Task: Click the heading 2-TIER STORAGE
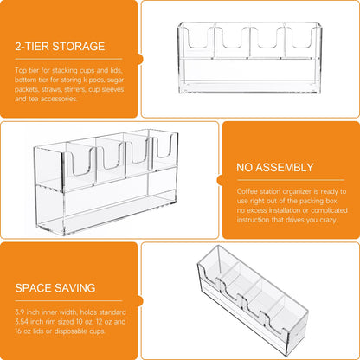(x=60, y=47)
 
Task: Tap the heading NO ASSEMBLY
(x=275, y=167)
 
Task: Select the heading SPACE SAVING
(x=55, y=288)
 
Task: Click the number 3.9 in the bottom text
(x=20, y=312)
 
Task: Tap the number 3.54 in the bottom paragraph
(x=21, y=321)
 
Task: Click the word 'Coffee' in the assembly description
(x=247, y=191)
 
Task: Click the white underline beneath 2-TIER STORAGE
(x=68, y=59)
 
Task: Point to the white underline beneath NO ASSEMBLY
(x=291, y=180)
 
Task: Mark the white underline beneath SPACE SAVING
(x=68, y=300)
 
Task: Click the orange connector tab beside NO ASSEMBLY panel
(x=220, y=180)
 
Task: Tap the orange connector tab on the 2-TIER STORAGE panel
(x=140, y=59)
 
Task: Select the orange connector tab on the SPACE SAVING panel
(x=140, y=301)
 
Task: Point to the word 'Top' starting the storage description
(x=20, y=70)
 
